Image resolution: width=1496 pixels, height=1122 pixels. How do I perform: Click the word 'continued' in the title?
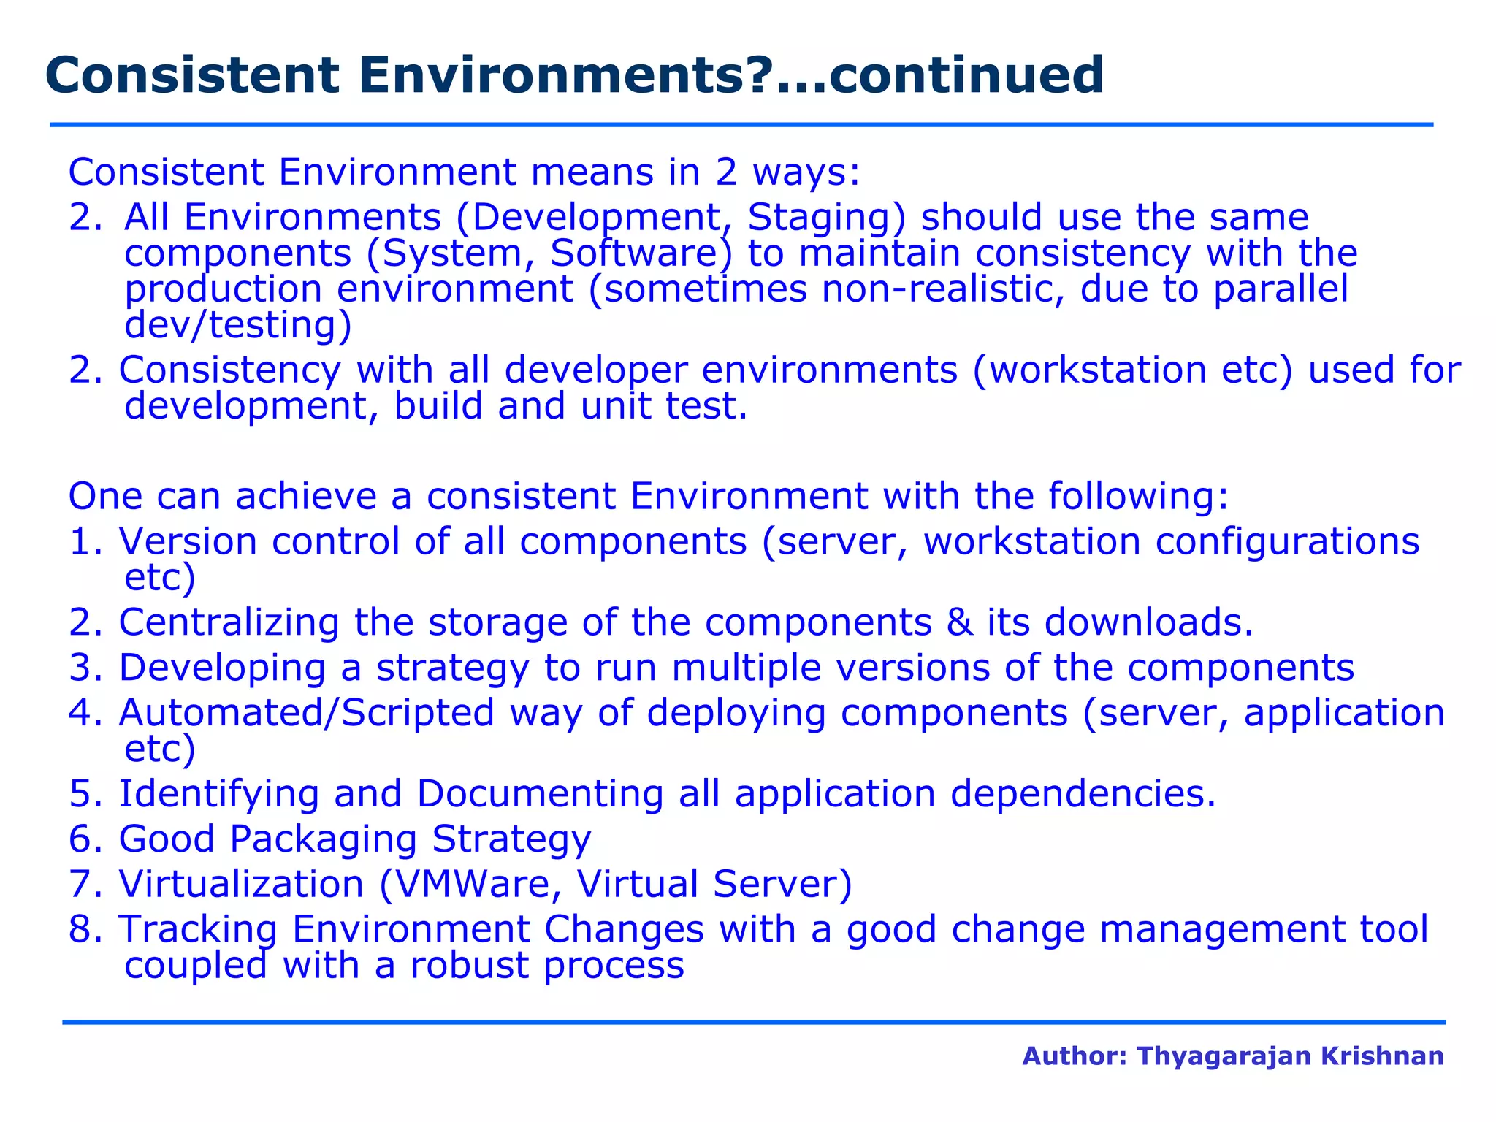(966, 76)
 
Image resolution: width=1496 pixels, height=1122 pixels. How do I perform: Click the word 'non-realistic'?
(943, 289)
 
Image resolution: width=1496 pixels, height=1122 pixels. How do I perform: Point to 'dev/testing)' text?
(238, 325)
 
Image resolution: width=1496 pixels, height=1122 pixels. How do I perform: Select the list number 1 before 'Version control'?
(80, 542)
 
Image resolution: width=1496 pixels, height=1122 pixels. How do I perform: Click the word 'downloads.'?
(1148, 622)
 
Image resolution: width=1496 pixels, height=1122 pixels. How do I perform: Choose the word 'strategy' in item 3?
(452, 668)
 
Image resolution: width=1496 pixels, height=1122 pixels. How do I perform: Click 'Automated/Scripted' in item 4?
(306, 713)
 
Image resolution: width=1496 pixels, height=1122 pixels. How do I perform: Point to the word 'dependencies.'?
(1083, 794)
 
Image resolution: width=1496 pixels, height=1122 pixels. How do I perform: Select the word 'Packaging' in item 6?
(323, 839)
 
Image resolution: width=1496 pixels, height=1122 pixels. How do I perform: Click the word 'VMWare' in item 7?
(478, 884)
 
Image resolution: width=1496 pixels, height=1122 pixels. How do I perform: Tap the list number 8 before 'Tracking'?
(80, 930)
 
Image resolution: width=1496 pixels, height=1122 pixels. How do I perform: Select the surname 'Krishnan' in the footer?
(1382, 1056)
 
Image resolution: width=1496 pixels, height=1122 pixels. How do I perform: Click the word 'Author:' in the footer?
(1075, 1056)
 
